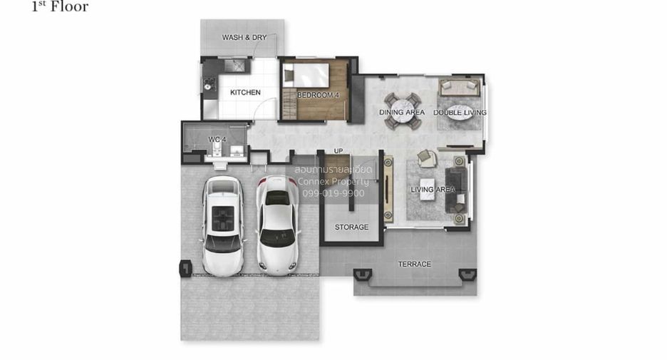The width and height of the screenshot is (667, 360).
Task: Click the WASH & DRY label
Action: click(x=244, y=38)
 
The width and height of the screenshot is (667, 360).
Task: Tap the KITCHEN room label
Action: click(x=245, y=93)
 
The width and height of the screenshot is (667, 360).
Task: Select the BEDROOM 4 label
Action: click(x=319, y=95)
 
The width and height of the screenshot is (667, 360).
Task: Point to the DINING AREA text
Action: click(x=402, y=113)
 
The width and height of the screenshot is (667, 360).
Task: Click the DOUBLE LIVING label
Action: click(x=460, y=113)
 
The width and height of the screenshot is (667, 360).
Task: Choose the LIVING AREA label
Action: click(x=433, y=190)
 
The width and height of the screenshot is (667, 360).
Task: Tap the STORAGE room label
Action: click(x=351, y=227)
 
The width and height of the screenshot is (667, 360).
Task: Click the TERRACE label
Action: click(x=414, y=264)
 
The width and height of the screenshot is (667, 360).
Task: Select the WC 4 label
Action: click(x=217, y=140)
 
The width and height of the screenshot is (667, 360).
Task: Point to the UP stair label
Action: click(x=338, y=151)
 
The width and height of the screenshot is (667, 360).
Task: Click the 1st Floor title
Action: click(x=60, y=6)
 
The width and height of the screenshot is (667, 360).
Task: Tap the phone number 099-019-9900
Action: click(x=333, y=193)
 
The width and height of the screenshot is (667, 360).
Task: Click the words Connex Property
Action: click(x=333, y=182)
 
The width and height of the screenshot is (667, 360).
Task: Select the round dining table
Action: click(x=403, y=111)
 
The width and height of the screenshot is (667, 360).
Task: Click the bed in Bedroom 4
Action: click(x=306, y=76)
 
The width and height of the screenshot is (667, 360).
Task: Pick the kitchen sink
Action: click(x=235, y=66)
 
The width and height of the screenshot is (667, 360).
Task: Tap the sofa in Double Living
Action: click(x=460, y=87)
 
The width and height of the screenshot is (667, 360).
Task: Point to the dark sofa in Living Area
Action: click(x=455, y=190)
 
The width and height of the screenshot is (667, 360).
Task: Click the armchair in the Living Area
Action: click(x=427, y=158)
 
